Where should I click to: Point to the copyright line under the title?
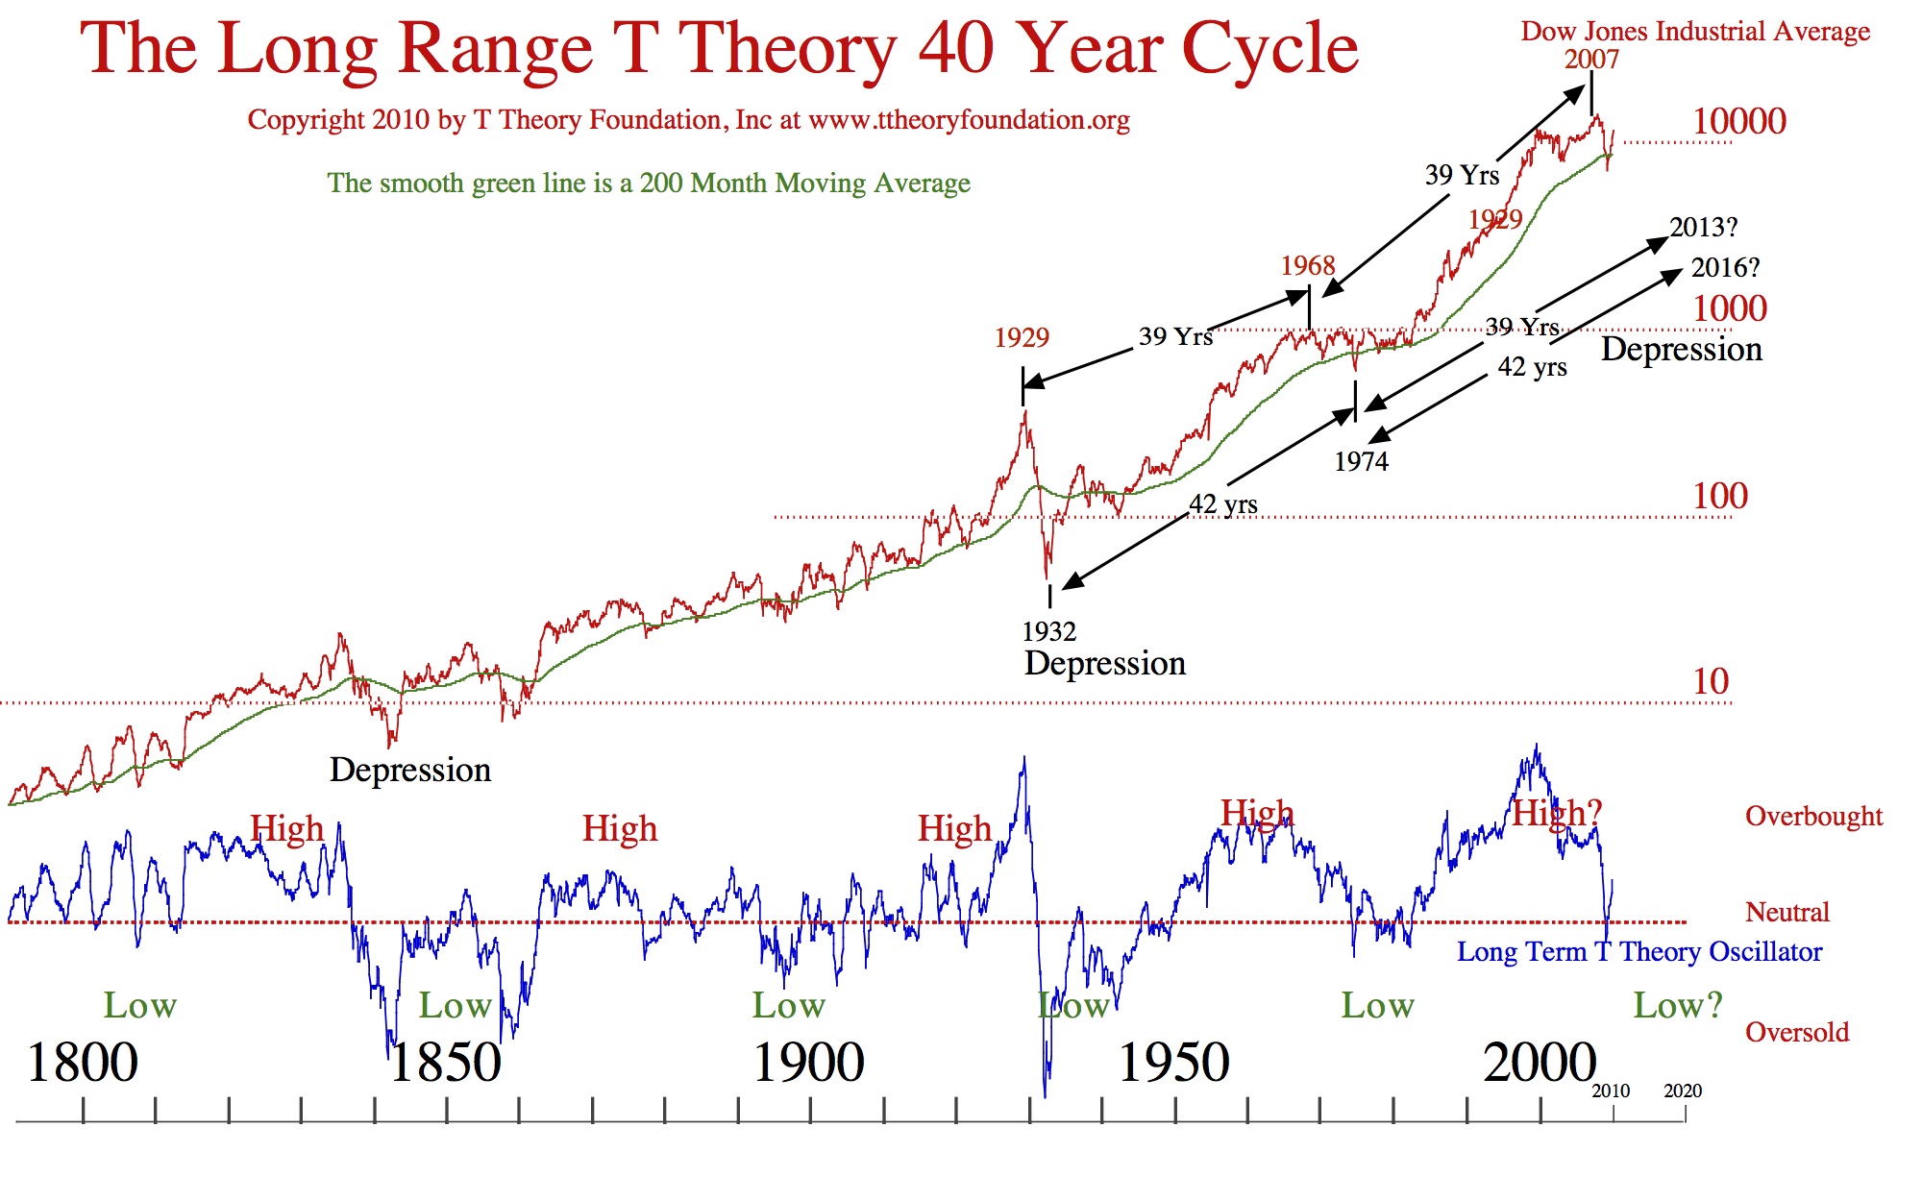click(688, 120)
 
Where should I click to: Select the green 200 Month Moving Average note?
click(649, 183)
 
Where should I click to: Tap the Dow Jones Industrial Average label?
click(1695, 31)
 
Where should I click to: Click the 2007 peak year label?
click(1591, 60)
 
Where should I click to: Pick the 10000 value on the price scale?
click(1739, 121)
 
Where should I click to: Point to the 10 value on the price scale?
click(1711, 681)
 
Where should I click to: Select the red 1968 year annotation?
click(1308, 266)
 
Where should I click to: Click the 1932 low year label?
click(1048, 631)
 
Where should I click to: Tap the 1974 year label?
click(1361, 462)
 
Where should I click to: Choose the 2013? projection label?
click(1704, 228)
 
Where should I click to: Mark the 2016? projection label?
click(1725, 268)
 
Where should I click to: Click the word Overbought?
click(1813, 817)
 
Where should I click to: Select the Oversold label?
click(1797, 1033)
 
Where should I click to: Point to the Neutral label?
click(1787, 913)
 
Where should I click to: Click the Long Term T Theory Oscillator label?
click(1639, 952)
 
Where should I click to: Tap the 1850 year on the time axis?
click(445, 1063)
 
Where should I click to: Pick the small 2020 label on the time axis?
click(1683, 1091)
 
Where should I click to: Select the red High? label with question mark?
click(1557, 813)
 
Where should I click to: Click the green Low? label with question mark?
click(1678, 1006)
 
